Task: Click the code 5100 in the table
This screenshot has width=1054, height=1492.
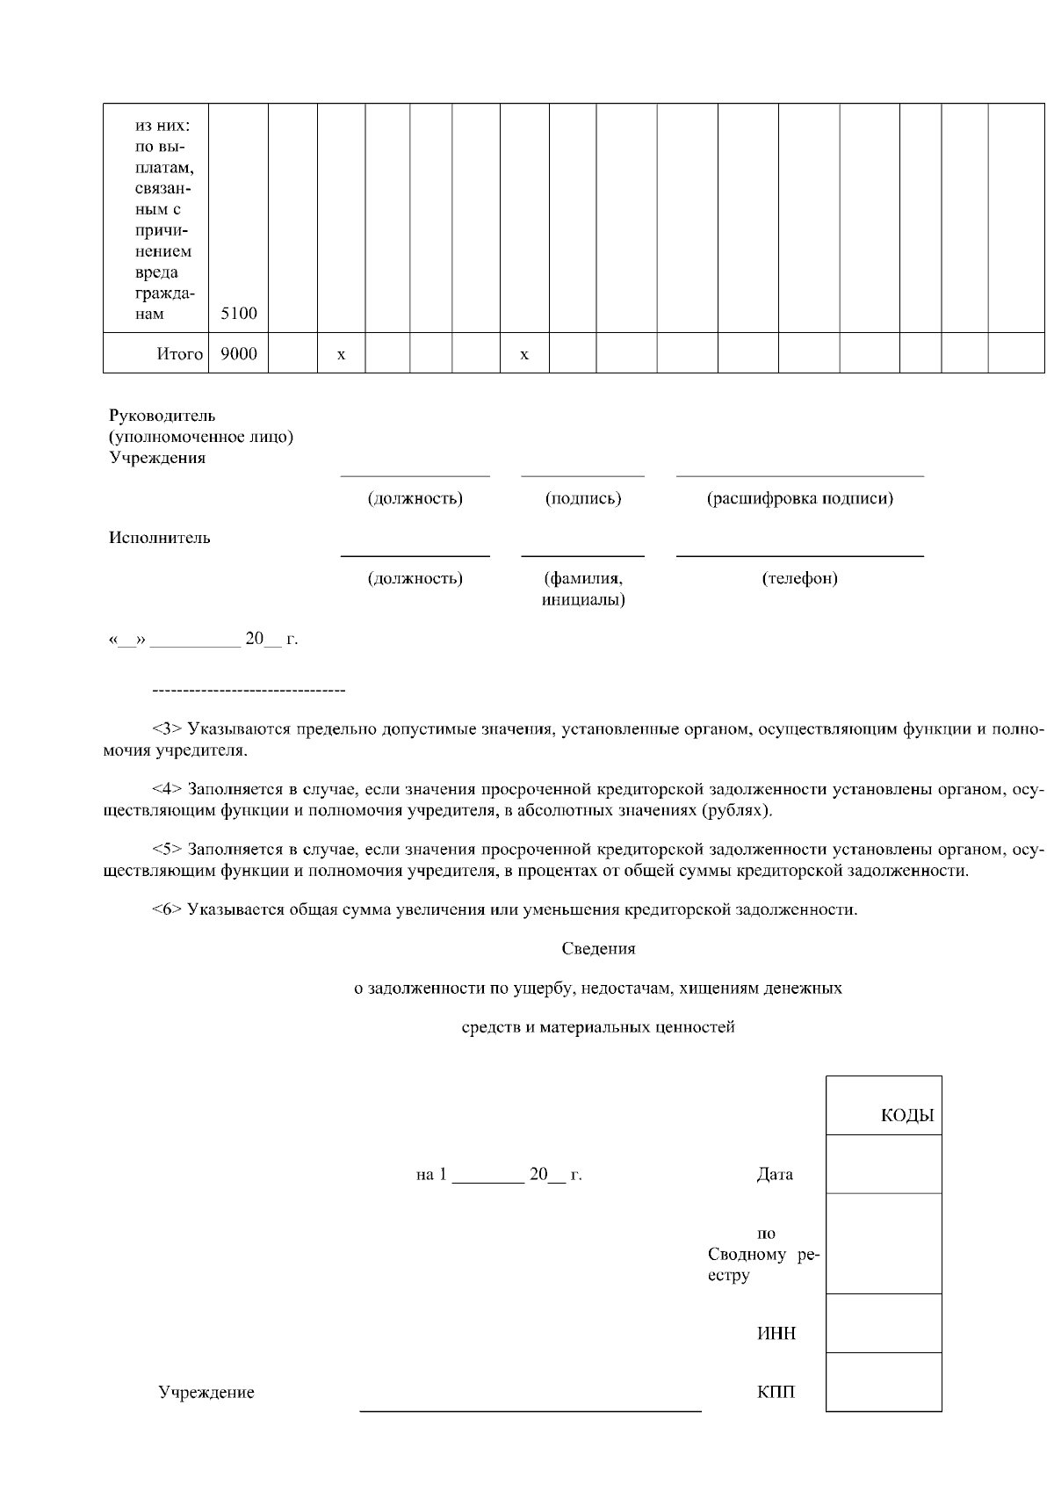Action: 238,314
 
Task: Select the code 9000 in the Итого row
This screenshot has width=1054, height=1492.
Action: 238,353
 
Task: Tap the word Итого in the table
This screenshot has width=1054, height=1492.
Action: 179,354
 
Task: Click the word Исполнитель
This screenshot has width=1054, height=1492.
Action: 159,538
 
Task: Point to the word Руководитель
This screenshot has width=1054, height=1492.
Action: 162,416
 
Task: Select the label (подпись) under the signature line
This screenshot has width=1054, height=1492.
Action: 583,498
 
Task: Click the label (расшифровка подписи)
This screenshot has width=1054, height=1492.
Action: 799,498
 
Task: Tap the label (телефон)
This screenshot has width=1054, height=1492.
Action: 799,578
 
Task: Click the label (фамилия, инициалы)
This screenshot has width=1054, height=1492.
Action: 583,589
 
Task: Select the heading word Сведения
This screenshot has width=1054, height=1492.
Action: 598,949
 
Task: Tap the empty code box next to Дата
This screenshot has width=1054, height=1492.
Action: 884,1164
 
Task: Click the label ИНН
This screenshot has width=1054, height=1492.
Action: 776,1334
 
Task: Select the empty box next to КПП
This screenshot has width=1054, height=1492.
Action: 884,1382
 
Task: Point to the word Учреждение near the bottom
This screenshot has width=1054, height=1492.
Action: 206,1393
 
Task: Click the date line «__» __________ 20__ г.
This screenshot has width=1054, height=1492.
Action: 203,640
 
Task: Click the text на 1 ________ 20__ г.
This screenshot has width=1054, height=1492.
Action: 499,1175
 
